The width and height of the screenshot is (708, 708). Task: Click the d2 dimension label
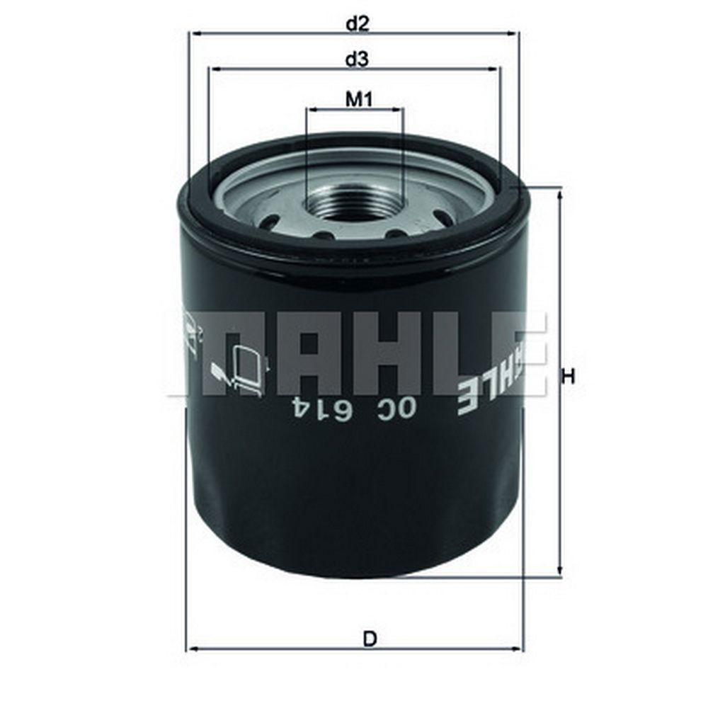358,23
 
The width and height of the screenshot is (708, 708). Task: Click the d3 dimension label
357,59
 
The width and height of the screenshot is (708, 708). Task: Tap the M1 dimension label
359,99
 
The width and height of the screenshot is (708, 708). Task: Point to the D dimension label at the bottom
370,639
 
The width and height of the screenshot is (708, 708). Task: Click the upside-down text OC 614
354,409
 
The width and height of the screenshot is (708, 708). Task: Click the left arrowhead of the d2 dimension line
196,33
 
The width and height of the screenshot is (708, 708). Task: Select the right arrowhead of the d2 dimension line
514,33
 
